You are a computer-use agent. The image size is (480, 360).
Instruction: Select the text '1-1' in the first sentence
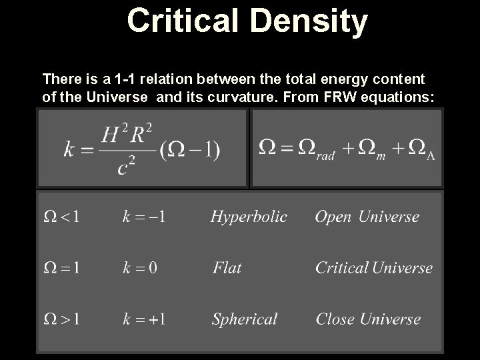125,79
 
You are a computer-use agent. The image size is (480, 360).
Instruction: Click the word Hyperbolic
249,217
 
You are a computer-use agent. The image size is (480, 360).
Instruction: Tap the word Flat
227,268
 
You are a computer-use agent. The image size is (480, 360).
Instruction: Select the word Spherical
244,319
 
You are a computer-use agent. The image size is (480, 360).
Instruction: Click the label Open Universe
367,217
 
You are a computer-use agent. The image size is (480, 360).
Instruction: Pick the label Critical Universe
373,268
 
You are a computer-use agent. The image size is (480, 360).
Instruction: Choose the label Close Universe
368,319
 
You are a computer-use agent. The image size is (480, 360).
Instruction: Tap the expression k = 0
140,268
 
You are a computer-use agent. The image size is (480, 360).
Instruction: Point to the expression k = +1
144,319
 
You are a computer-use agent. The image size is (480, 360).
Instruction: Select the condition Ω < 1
62,217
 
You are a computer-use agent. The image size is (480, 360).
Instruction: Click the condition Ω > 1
62,319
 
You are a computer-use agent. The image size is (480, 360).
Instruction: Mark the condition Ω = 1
62,268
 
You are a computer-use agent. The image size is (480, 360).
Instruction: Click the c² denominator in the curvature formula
127,166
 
